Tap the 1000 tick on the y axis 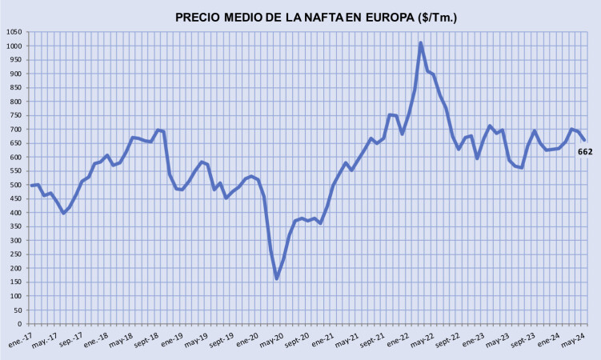pos(14,46)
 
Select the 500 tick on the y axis pos(15,185)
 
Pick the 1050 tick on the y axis pos(14,32)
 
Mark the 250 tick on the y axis pos(15,254)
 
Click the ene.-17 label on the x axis pos(18,339)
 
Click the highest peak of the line pos(421,43)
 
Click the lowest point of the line pos(277,278)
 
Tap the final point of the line pos(583,141)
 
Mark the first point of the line pos(32,186)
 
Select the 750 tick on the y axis pos(15,115)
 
